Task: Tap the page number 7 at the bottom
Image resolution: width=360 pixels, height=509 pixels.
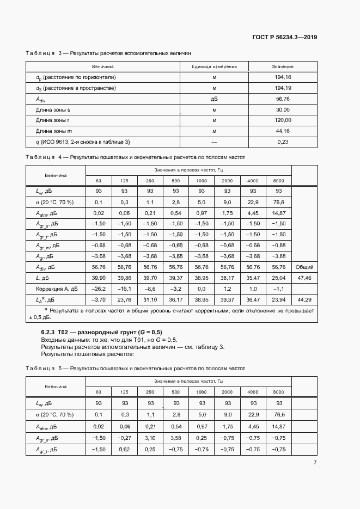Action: click(315, 462)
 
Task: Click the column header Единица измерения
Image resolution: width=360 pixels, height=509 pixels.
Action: click(214, 66)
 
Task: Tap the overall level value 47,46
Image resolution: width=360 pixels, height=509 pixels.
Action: click(304, 278)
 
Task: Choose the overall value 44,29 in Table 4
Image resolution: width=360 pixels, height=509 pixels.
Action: click(304, 299)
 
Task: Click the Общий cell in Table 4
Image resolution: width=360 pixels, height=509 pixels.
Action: click(304, 267)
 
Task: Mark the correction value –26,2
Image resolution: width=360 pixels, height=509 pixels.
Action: click(99, 289)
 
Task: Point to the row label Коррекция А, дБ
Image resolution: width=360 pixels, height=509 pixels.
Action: click(57, 289)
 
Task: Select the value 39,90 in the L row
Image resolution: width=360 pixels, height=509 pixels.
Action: click(99, 278)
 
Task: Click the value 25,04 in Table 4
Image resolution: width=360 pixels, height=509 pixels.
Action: click(278, 278)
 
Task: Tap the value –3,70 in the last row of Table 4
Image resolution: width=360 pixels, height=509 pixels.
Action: click(99, 299)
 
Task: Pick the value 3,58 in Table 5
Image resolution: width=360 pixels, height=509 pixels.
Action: click(175, 438)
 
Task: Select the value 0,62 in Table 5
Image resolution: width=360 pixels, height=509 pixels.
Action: click(125, 449)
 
